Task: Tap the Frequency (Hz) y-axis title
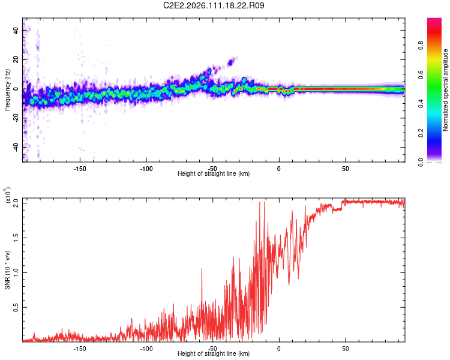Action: click(7, 90)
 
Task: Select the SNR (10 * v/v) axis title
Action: click(8, 270)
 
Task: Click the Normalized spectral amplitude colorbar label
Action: click(446, 90)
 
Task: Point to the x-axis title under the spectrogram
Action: click(214, 174)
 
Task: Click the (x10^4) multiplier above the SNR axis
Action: click(8, 196)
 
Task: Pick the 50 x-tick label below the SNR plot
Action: click(346, 347)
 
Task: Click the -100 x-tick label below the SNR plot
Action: click(146, 347)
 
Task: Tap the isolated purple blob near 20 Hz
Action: click(231, 61)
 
